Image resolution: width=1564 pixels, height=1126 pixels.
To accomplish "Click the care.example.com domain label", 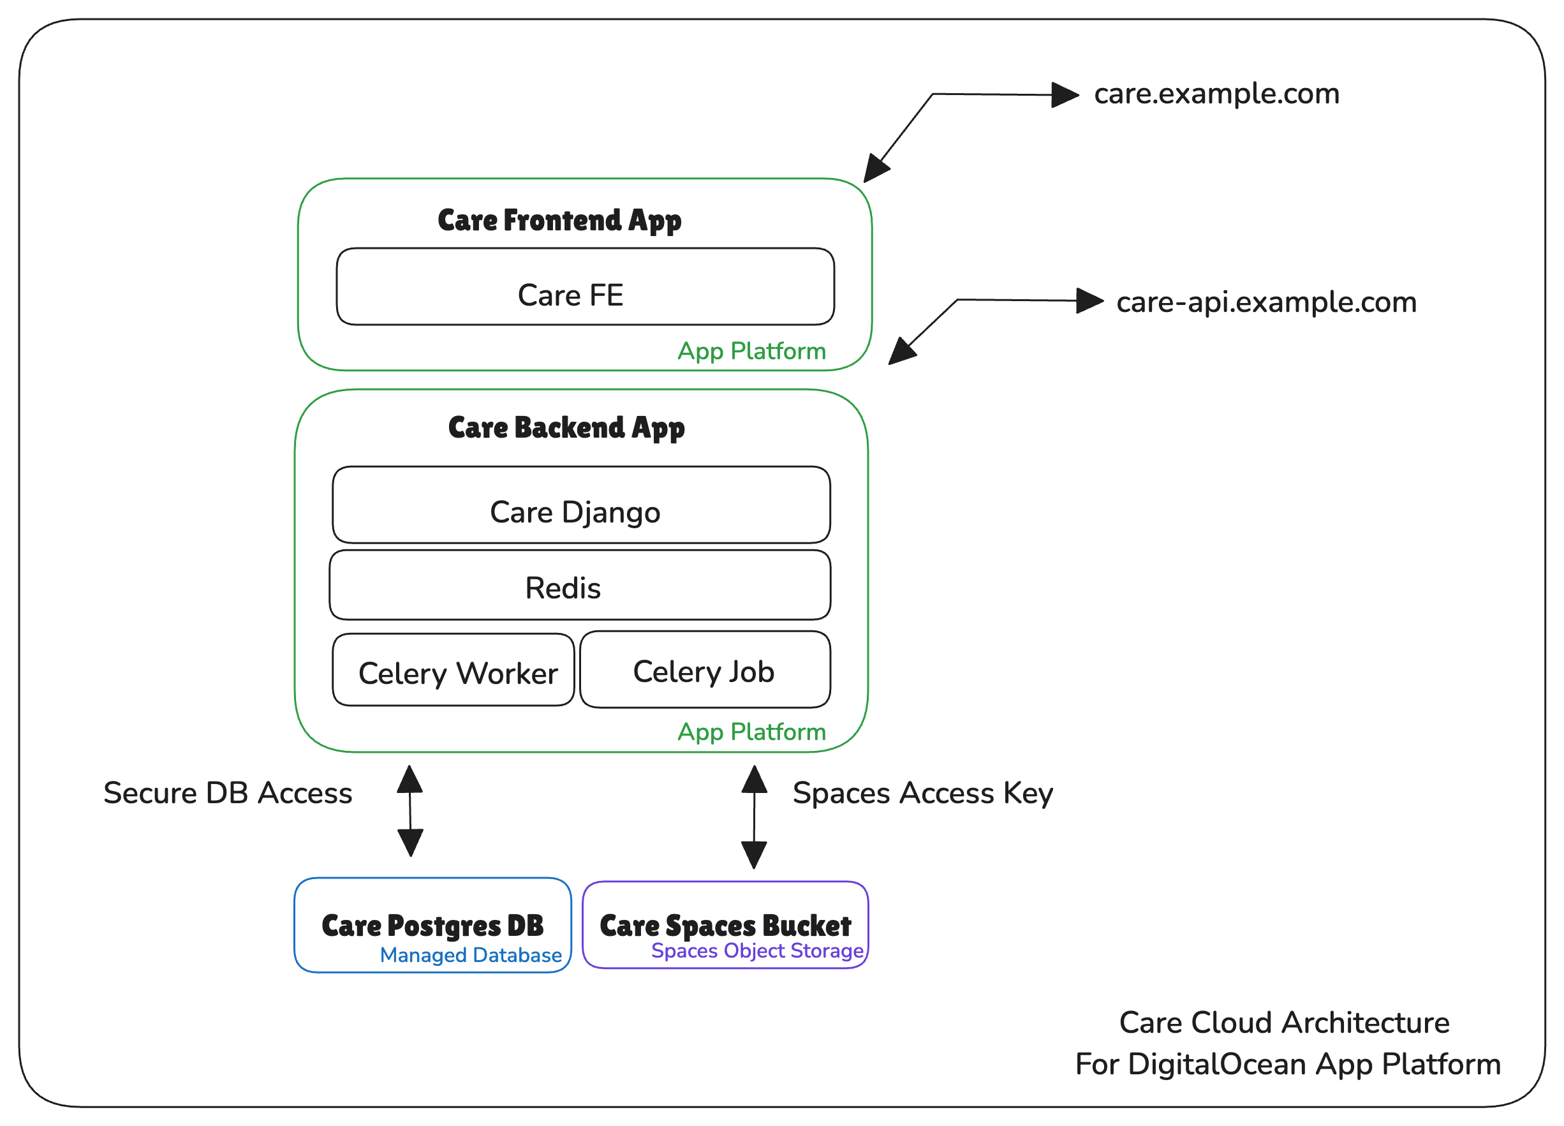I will pos(1216,94).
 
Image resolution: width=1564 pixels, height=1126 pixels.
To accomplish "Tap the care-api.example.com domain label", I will pos(1265,302).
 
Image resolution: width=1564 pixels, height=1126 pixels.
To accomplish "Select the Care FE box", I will pos(585,287).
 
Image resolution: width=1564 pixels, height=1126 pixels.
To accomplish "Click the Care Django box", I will pos(580,505).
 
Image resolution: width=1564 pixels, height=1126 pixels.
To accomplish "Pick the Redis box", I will pos(579,586).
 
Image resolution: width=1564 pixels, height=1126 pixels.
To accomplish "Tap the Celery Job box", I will pos(704,669).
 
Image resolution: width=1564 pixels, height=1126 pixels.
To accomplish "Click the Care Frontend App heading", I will pos(559,221).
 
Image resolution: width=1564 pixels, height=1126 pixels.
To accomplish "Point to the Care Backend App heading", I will pos(566,427).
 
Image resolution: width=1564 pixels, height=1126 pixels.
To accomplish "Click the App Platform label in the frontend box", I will pos(751,351).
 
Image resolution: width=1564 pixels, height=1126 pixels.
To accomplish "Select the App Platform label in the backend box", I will pos(751,732).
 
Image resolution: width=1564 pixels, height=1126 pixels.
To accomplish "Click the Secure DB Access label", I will pos(228,793).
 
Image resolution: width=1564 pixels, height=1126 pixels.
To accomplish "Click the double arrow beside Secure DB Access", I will pos(410,811).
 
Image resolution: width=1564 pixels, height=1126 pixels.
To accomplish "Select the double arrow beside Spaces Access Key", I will pos(754,817).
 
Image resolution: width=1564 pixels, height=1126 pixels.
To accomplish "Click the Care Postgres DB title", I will pos(432,925).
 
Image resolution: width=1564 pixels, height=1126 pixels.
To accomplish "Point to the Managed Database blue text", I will pos(470,955).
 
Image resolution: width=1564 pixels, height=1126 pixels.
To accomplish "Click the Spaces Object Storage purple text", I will pos(756,951).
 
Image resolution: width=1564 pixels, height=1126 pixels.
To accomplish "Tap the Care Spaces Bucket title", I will pos(725,925).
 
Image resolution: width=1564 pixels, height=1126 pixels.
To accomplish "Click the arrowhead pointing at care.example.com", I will pos(1065,94).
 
